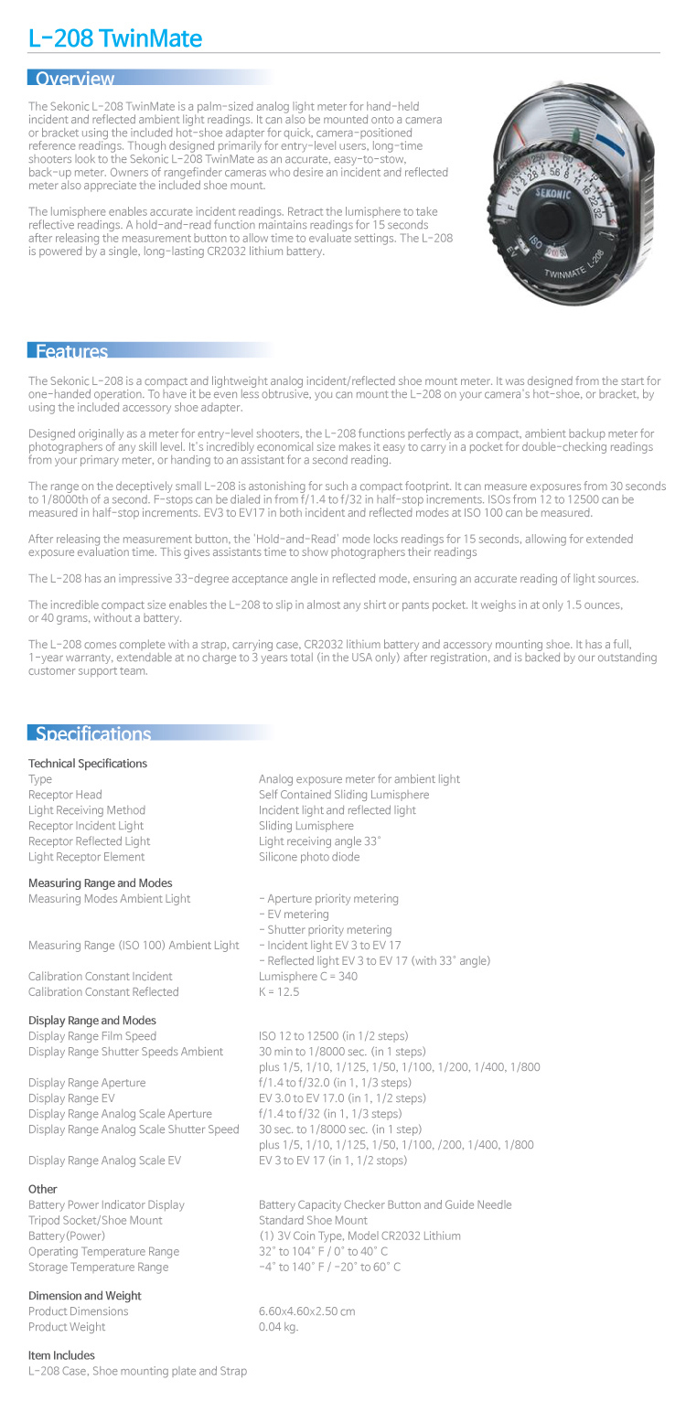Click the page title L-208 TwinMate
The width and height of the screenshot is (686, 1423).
point(115,38)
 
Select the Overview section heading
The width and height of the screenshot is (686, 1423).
point(75,79)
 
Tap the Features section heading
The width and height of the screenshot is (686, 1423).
point(71,351)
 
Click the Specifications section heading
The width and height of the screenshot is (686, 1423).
point(93,733)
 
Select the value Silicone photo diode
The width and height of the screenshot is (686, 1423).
point(309,857)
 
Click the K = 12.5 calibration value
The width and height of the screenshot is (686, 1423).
point(279,992)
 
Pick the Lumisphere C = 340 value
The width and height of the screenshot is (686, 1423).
point(308,977)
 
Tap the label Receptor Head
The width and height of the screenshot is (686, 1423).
point(65,795)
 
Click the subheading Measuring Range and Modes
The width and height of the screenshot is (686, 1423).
point(100,883)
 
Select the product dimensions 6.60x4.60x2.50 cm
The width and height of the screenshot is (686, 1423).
point(306,1311)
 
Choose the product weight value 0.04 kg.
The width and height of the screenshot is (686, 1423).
point(278,1327)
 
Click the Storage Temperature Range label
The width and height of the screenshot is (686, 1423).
point(98,1268)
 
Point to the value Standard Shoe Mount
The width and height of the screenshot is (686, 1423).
point(313,1221)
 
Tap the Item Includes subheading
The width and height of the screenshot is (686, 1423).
point(61,1355)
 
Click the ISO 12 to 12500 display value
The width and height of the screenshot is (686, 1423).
point(333,1036)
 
